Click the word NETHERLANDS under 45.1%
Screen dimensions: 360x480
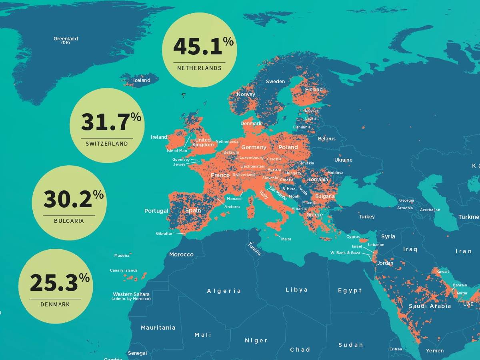199,68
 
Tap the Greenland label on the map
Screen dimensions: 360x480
66,39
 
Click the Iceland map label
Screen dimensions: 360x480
142,80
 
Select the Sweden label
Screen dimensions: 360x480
275,81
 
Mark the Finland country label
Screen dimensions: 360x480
314,90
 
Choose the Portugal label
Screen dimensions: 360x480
156,211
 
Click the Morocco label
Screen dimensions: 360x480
181,254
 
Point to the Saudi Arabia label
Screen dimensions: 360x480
430,306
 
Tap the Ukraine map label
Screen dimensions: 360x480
343,160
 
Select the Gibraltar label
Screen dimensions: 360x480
164,233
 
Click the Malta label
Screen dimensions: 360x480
286,239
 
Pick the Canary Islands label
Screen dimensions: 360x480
124,270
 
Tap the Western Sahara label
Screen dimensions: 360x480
131,294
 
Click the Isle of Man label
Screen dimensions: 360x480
177,151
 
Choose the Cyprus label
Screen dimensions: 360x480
353,236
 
